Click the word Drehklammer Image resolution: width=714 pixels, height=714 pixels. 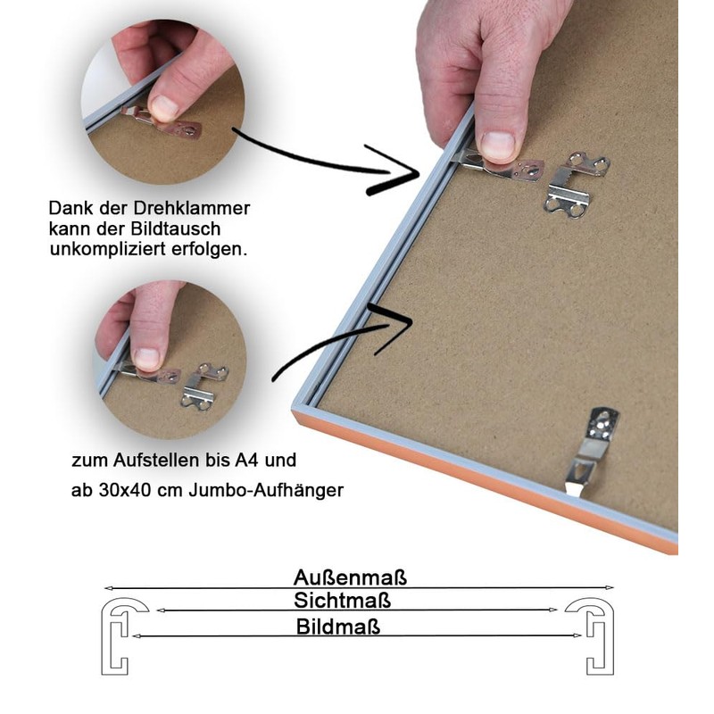pyautogui.click(x=191, y=209)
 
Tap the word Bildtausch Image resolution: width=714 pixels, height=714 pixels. pyautogui.click(x=175, y=228)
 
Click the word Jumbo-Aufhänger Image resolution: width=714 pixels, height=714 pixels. pyautogui.click(x=266, y=490)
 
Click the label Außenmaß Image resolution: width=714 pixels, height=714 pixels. pyautogui.click(x=350, y=577)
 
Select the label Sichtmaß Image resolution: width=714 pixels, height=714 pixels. pyautogui.click(x=342, y=601)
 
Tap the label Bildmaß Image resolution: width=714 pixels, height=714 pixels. pyautogui.click(x=338, y=627)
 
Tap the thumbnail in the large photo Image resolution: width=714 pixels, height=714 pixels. pyautogui.click(x=497, y=145)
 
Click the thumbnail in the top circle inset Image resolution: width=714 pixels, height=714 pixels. pyautogui.click(x=163, y=107)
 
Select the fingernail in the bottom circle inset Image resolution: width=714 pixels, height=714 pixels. pyautogui.click(x=146, y=358)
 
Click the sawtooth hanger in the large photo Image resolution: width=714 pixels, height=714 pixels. pyautogui.click(x=576, y=185)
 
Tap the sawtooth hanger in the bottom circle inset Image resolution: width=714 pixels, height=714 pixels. pyautogui.click(x=204, y=387)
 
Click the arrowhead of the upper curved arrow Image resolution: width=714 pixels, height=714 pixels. pyautogui.click(x=394, y=170)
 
